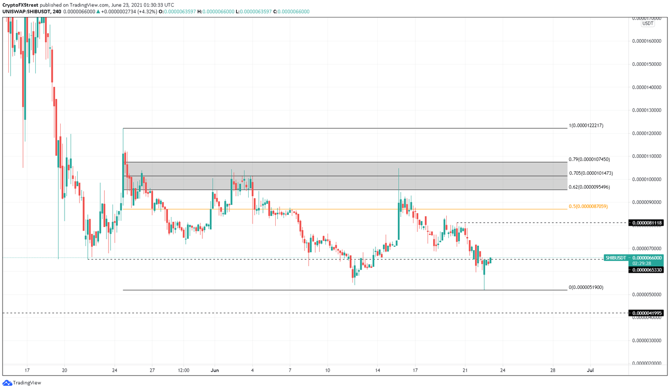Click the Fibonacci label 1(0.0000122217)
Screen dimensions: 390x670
tap(586, 125)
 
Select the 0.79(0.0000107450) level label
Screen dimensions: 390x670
tap(589, 159)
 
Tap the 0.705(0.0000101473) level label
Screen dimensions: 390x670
tap(591, 173)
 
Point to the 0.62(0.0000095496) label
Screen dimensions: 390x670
tap(589, 187)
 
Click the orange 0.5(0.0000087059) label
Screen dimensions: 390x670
tap(588, 206)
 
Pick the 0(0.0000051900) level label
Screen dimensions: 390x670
tap(586, 287)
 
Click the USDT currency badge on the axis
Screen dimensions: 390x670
tap(647, 24)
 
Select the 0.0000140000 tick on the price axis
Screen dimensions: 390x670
tap(646, 87)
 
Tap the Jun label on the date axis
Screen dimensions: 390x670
tap(215, 370)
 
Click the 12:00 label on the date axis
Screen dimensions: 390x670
tap(184, 370)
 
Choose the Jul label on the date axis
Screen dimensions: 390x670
tap(590, 370)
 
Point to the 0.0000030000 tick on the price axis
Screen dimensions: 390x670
tap(646, 340)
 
